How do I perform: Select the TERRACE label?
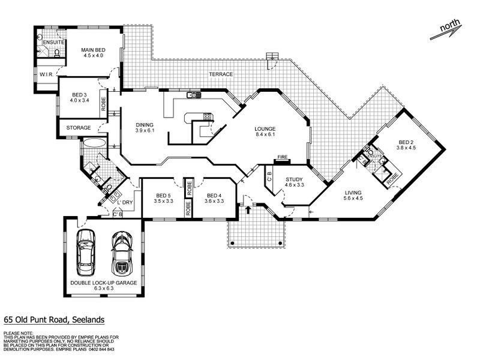[220, 74]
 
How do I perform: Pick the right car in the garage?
[121, 252]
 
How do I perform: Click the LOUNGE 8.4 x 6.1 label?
[264, 132]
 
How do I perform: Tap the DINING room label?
[145, 127]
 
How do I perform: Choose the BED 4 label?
[214, 199]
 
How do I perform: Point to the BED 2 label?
[407, 145]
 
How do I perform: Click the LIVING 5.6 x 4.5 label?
[354, 196]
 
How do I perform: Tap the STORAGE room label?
[79, 128]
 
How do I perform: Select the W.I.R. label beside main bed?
[47, 74]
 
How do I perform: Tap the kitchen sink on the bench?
[193, 95]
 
